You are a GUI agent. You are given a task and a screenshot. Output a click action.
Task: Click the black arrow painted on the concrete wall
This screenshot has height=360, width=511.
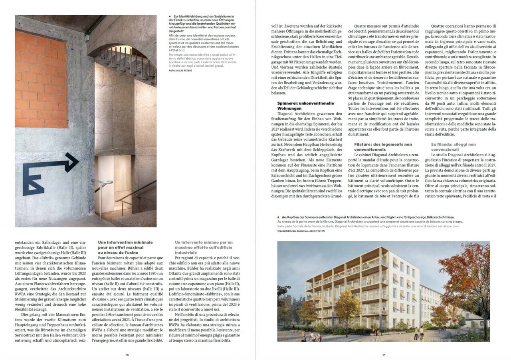48,172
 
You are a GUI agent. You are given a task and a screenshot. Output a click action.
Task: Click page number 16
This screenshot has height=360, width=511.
127,355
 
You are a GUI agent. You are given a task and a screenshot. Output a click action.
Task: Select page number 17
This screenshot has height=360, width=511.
383,355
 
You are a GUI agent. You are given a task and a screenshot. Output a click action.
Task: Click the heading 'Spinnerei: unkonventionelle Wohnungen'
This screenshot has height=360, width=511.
305,105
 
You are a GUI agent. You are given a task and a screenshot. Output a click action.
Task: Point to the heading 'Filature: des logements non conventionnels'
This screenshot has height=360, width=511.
382,147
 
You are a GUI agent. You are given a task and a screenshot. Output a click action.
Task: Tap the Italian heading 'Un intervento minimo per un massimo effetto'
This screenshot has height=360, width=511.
204,247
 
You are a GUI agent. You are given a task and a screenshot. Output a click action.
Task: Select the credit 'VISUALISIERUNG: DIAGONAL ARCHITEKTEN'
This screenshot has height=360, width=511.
301,231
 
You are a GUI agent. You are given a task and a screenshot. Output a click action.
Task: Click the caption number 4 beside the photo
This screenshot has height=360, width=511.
170,16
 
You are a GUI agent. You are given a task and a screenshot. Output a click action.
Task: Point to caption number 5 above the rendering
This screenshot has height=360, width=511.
278,217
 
